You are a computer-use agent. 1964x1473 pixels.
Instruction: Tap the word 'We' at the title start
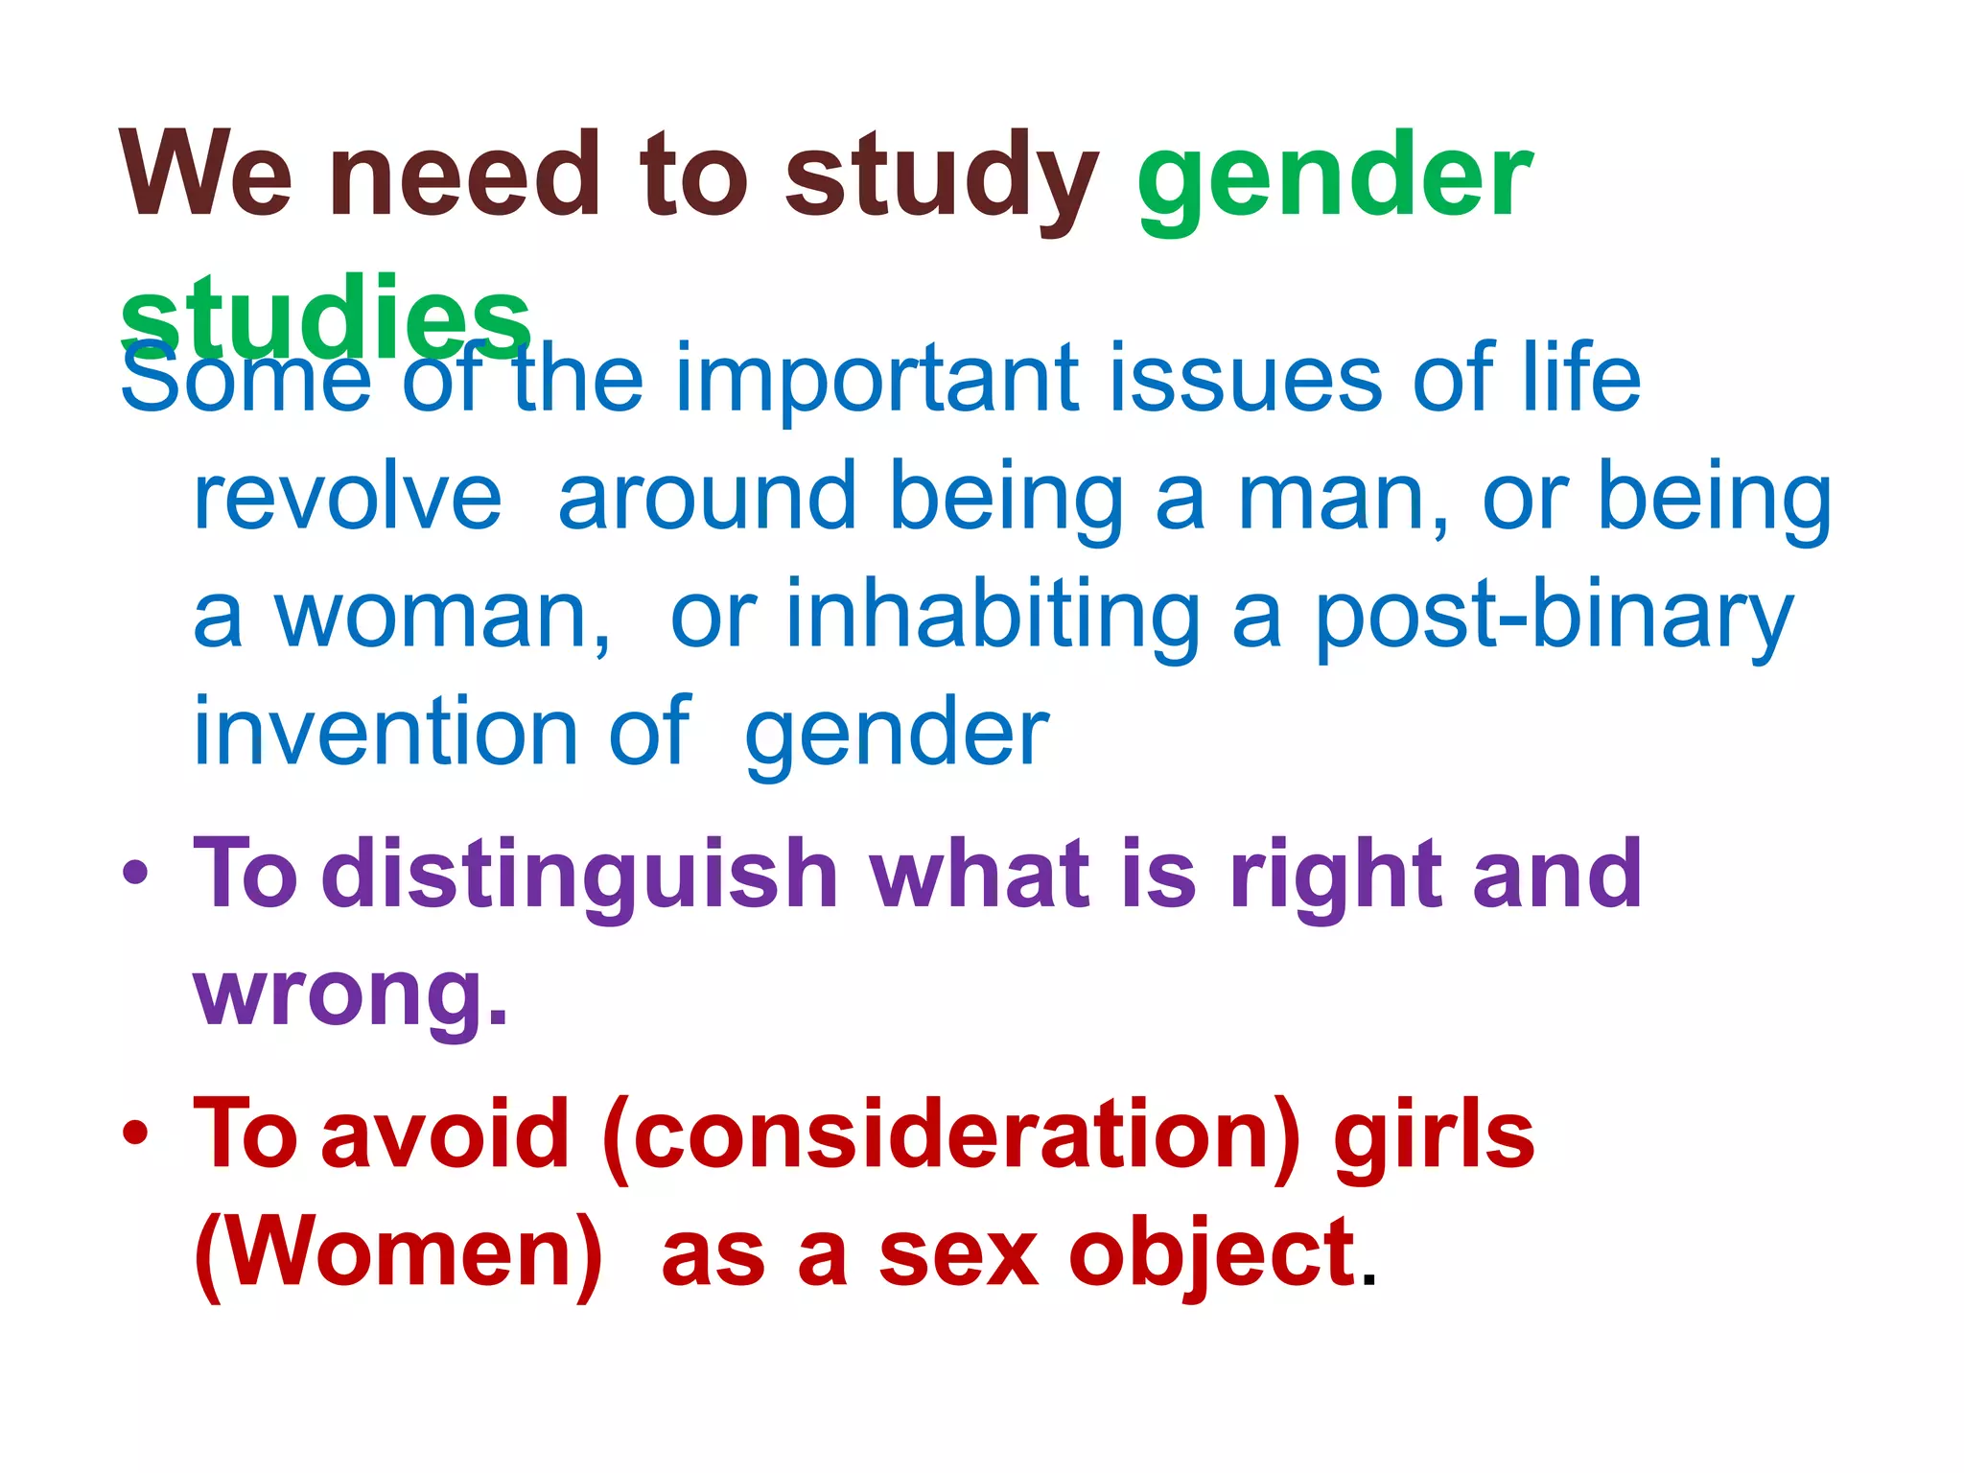tap(205, 175)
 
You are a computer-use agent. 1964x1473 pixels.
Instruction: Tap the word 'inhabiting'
tap(992, 619)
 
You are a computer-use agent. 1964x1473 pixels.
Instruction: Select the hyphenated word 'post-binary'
tap(1554, 619)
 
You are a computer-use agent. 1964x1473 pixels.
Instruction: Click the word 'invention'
tap(384, 733)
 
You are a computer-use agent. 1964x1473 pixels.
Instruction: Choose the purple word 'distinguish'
tap(580, 875)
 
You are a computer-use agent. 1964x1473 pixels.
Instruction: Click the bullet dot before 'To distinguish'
tap(135, 873)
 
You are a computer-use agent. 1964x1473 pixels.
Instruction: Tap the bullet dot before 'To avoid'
tap(135, 1133)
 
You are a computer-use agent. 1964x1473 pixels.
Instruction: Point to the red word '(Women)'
tap(399, 1255)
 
